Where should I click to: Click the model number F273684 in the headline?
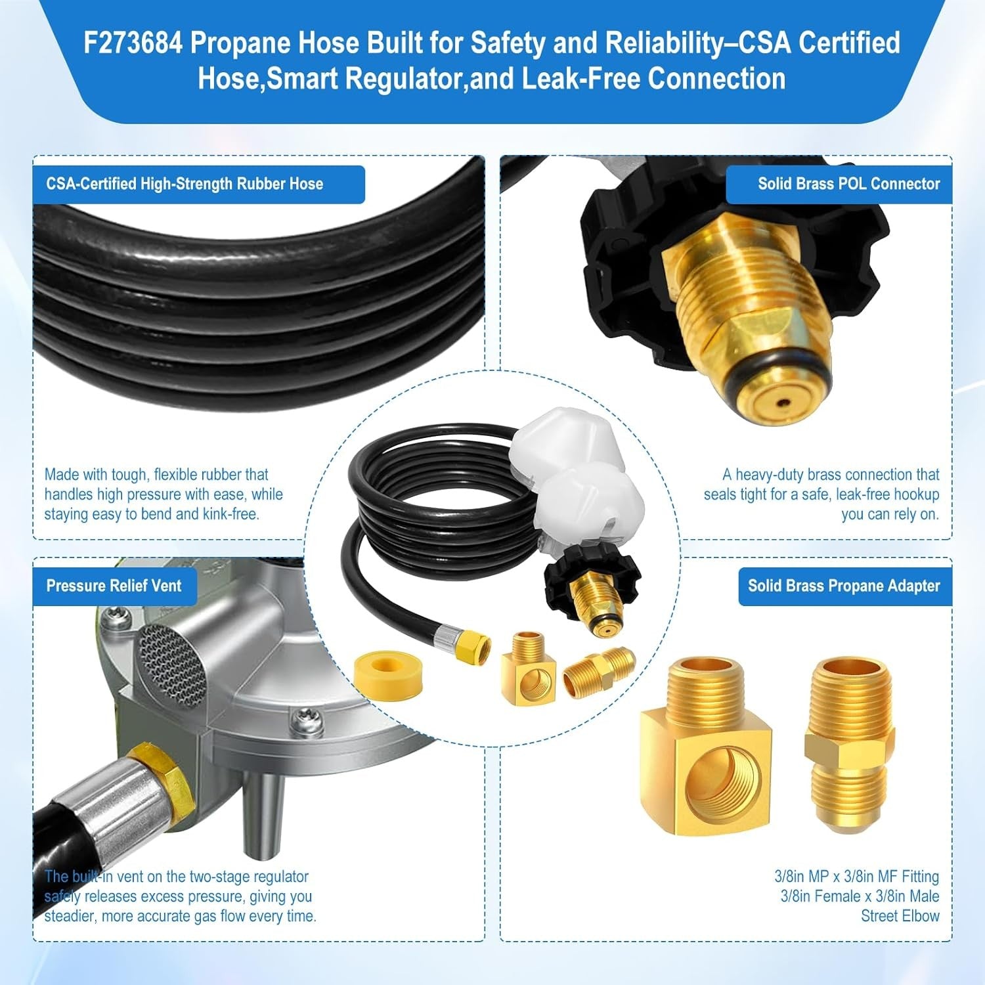pyautogui.click(x=133, y=43)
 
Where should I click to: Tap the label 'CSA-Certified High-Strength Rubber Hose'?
pyautogui.click(x=185, y=184)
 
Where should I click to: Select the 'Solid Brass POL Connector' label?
pyautogui.click(x=849, y=184)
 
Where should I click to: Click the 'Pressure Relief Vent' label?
pyautogui.click(x=114, y=586)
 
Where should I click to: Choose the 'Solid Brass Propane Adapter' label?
pyautogui.click(x=844, y=586)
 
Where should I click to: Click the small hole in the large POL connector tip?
pyautogui.click(x=779, y=403)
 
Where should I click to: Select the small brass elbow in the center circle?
pyautogui.click(x=529, y=666)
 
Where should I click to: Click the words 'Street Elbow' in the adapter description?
pyautogui.click(x=900, y=916)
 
